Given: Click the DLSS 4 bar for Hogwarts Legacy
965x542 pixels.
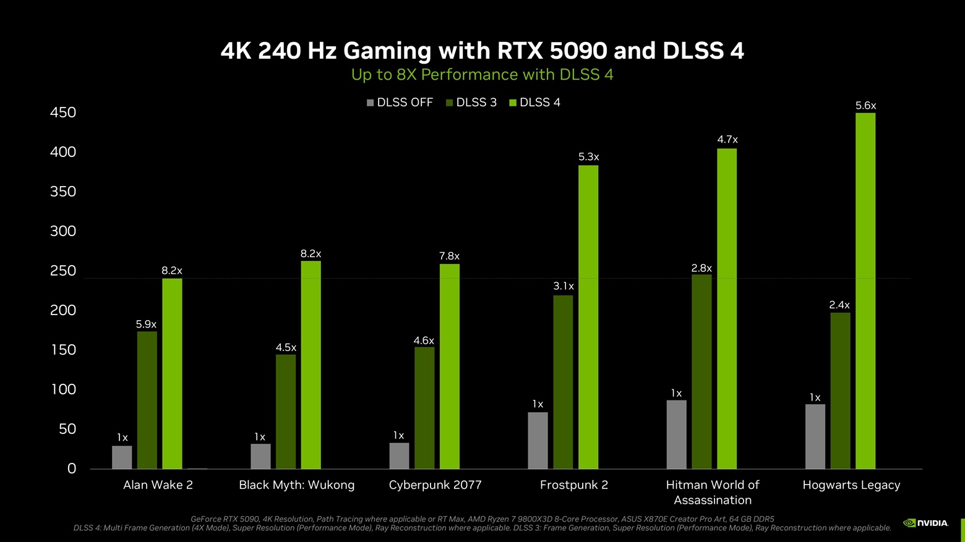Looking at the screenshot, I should coord(865,290).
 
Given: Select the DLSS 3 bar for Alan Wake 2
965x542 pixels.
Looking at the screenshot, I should coord(147,400).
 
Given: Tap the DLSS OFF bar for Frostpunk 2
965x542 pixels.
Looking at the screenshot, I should coord(538,440).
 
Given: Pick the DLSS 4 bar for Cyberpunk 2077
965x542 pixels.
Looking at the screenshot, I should coord(450,366).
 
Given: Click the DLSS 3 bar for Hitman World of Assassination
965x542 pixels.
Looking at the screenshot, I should coord(701,371).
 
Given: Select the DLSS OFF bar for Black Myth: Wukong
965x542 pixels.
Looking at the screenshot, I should coord(260,456).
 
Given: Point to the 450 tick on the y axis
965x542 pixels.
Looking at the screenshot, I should coord(63,112).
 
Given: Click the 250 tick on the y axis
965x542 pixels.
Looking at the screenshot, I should coord(63,271).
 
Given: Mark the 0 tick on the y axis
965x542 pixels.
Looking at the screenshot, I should coord(72,468).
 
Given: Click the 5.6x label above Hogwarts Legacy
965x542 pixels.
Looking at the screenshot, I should coord(865,106).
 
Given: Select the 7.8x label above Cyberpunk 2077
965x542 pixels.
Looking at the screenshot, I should coord(449,256).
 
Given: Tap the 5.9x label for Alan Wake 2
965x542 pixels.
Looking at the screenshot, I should coord(146,324).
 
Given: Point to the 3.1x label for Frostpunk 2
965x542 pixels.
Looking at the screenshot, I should coord(564,286).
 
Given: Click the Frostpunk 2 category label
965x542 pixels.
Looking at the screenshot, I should coord(574,485).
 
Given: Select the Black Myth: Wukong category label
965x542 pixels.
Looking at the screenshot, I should coord(297,485).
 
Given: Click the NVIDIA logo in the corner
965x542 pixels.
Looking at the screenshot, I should coord(926,523).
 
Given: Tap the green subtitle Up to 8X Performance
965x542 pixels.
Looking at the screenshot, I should coord(482,75).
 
